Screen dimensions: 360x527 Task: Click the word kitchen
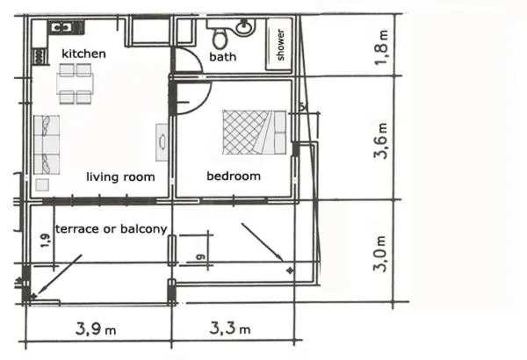click(83, 54)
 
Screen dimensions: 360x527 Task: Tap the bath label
click(222, 57)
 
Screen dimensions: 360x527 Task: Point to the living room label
click(120, 176)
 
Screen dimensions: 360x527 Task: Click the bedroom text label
click(234, 176)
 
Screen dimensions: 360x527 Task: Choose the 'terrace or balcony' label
click(111, 229)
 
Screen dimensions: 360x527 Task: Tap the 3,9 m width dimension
click(95, 329)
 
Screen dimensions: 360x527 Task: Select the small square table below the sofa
click(41, 185)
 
